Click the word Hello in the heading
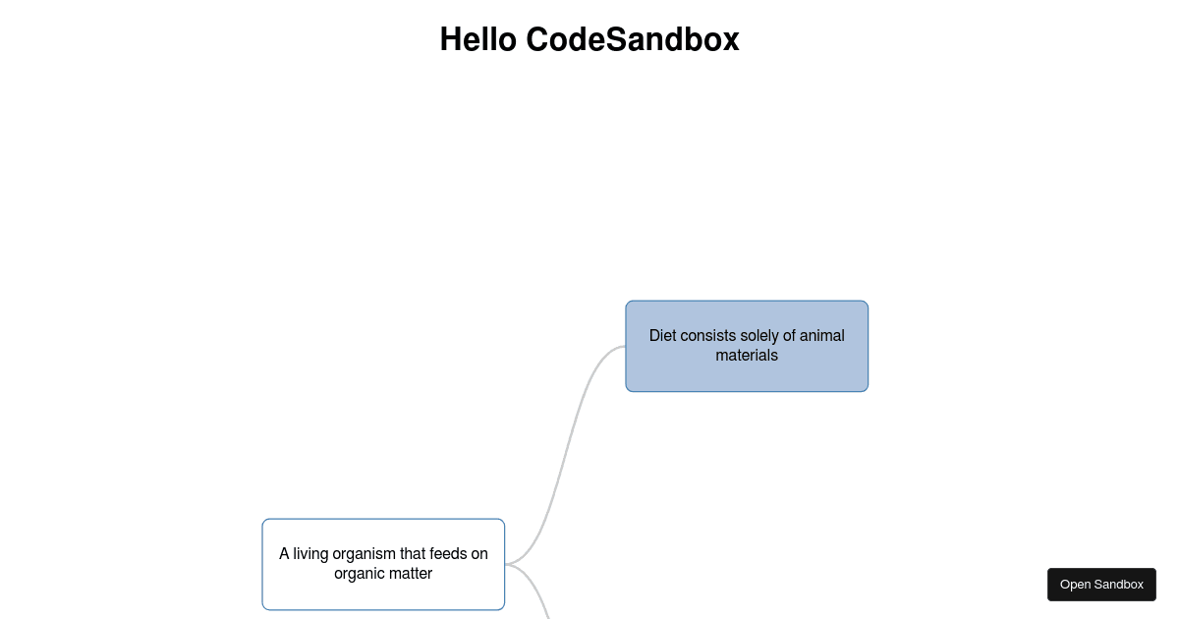pos(478,40)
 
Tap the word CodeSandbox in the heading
pos(632,40)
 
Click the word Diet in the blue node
pos(662,336)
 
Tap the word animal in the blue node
pos(821,336)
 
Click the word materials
pos(747,356)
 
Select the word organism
pos(364,554)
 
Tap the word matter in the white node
pos(411,574)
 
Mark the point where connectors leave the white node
pos(506,564)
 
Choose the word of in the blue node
pos(791,336)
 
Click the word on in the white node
pos(479,554)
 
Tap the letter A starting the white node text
pos(284,554)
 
